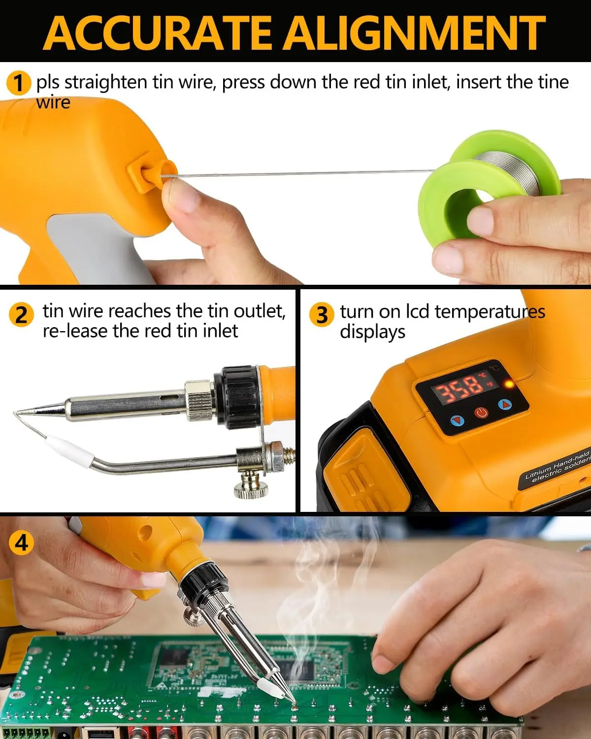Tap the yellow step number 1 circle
(18, 83)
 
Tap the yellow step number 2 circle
(21, 314)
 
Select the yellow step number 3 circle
(321, 314)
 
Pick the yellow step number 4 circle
(21, 542)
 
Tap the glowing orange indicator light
(509, 384)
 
